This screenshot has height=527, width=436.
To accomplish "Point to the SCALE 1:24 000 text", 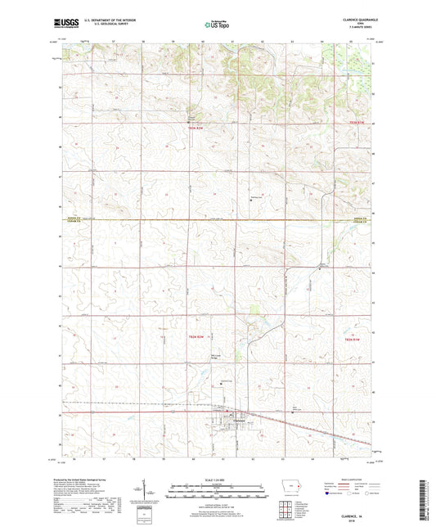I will point(217,479).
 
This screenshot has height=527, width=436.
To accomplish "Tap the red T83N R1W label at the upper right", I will point(353,124).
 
